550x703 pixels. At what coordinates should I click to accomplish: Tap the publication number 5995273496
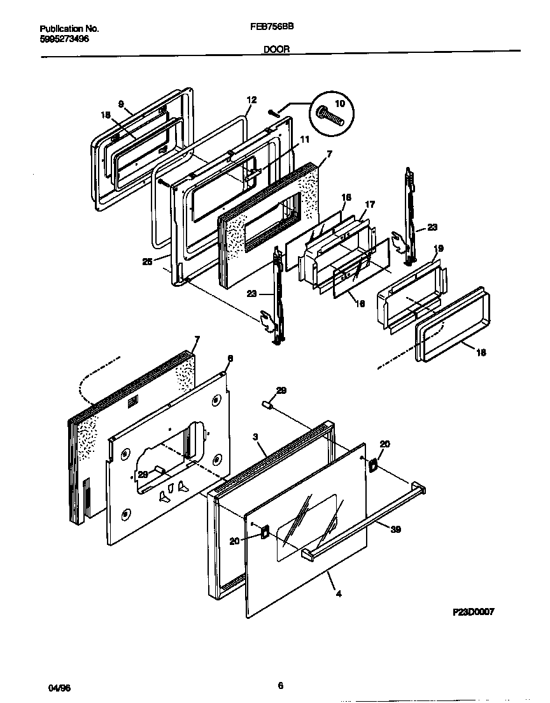point(64,38)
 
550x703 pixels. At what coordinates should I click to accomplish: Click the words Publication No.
point(69,29)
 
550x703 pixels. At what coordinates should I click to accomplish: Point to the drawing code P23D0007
point(473,611)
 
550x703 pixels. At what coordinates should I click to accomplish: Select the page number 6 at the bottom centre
point(280,686)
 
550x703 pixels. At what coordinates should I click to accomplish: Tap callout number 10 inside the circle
point(339,103)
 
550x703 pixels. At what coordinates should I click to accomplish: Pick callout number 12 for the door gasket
point(251,99)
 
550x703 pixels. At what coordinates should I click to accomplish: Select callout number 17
point(370,204)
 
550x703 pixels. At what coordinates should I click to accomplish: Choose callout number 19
point(439,249)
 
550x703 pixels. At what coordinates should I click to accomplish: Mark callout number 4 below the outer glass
point(339,593)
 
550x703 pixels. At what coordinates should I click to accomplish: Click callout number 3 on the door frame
point(255,437)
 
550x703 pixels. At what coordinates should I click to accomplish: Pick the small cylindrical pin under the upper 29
point(269,405)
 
